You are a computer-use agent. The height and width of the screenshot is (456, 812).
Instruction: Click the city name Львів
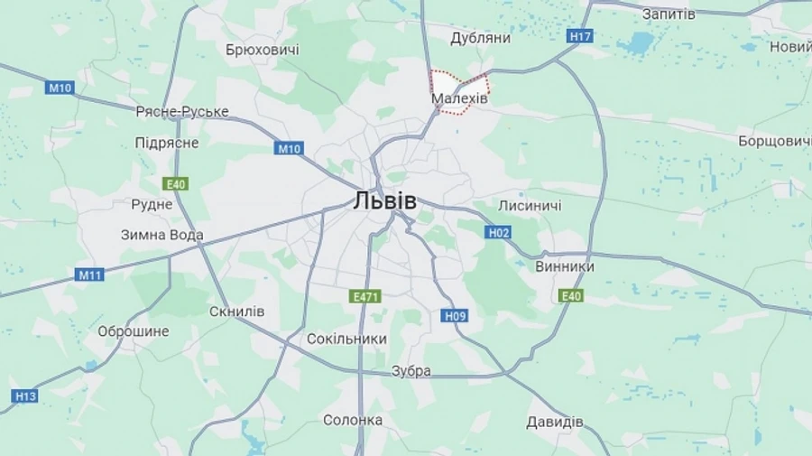[x=385, y=200]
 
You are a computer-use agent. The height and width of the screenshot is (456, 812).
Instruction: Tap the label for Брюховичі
[x=263, y=50]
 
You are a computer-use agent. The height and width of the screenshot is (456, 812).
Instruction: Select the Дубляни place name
[x=480, y=38]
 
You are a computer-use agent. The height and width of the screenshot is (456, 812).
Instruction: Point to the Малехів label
[x=460, y=98]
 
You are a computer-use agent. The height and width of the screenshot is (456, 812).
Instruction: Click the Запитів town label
[x=669, y=14]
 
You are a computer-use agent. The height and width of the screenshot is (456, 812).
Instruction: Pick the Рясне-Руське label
[x=182, y=112]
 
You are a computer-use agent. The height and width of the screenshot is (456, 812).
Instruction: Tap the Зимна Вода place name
[x=162, y=235]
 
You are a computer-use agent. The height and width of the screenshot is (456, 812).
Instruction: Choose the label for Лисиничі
[x=530, y=206]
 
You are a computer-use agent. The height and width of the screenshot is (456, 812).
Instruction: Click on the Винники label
[x=565, y=267]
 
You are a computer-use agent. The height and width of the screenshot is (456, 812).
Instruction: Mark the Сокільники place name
[x=346, y=339]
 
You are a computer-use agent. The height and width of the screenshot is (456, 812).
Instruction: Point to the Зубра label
[x=411, y=370]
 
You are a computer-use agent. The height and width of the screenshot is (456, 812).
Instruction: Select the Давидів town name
[x=555, y=422]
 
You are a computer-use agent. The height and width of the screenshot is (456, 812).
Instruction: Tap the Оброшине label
[x=133, y=331]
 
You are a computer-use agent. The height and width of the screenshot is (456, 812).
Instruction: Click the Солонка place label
[x=353, y=420]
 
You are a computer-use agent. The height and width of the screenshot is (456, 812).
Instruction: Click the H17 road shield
[x=581, y=36]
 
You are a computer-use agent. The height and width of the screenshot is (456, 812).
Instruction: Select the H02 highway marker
[x=499, y=233]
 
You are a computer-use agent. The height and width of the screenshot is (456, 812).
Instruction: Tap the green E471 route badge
[x=365, y=296]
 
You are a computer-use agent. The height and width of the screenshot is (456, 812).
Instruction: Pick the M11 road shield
[x=89, y=275]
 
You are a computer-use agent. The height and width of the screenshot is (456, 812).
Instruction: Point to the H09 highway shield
[x=456, y=315]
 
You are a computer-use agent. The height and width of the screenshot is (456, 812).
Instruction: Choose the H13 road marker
[x=25, y=396]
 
